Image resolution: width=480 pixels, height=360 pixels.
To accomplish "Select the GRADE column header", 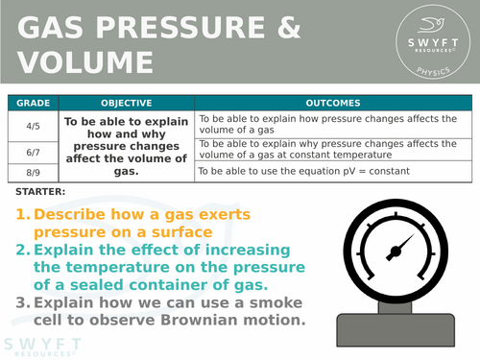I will click(33, 103).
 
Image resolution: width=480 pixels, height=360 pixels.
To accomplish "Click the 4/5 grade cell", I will click(33, 124).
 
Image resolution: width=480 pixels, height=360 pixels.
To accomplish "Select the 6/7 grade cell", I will click(33, 150).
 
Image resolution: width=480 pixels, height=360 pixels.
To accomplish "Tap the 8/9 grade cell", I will click(33, 171).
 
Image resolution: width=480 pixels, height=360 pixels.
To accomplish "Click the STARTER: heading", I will click(41, 192).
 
